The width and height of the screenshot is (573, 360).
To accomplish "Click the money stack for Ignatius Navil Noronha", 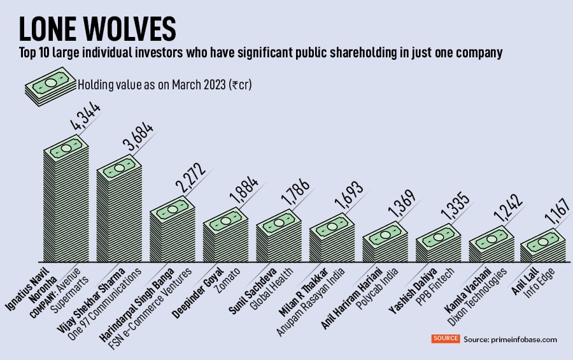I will coord(66,204).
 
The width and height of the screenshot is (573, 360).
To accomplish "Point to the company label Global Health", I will coord(275,284).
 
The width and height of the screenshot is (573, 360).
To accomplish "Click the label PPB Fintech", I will coord(438,284).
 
